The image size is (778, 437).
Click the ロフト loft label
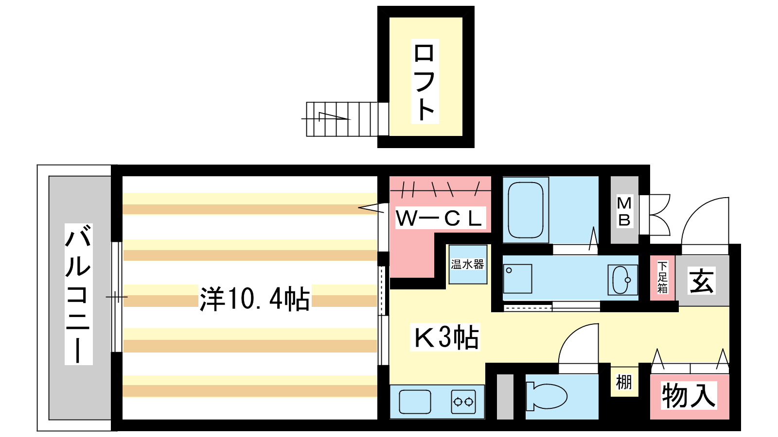coord(424,81)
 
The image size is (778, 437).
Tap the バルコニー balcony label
coord(78,294)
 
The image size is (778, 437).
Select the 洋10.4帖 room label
coord(255,298)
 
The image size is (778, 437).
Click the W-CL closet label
coord(440,218)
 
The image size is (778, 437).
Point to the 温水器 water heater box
coord(467,264)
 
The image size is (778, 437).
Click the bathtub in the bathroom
coord(526,210)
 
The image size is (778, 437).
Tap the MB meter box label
coord(624,211)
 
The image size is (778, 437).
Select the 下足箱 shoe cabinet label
coord(662,277)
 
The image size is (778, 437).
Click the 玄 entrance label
coord(701,281)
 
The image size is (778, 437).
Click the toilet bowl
coord(547,396)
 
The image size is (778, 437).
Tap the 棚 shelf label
coord(624,383)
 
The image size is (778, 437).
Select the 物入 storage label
coord(689,395)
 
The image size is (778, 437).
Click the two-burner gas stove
coord(463,402)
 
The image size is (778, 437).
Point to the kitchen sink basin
coord(415,402)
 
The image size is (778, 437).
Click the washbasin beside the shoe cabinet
coord(622,280)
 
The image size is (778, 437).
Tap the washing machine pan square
coord(517,279)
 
